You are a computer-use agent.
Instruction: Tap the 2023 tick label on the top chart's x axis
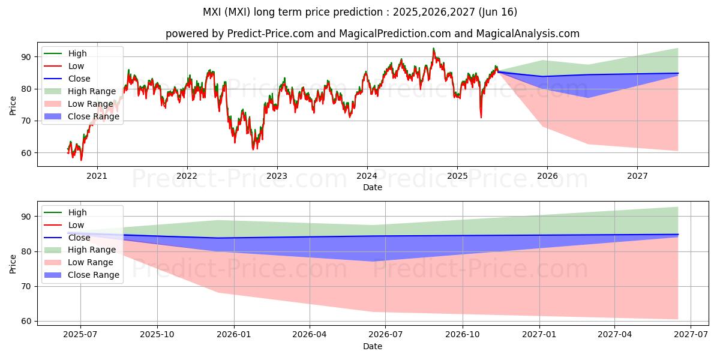coord(277,176)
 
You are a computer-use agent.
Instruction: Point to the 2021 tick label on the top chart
coord(97,176)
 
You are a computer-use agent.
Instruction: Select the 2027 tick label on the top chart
coord(637,176)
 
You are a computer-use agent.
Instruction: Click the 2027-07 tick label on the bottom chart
coord(691,335)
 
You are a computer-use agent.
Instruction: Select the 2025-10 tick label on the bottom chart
coord(157,335)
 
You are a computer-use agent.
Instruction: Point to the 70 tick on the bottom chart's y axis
coord(28,286)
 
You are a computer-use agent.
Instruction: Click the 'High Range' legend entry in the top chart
coord(91,91)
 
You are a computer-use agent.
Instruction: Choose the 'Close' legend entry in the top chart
coord(79,79)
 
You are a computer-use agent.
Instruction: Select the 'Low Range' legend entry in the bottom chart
coord(90,262)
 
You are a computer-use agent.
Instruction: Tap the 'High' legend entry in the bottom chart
coord(77,212)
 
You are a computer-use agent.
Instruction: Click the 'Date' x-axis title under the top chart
coord(372,187)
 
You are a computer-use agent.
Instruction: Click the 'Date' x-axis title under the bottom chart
coord(372,346)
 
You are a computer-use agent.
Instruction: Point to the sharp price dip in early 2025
coord(481,116)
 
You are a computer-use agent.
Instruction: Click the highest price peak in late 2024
coord(433,49)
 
